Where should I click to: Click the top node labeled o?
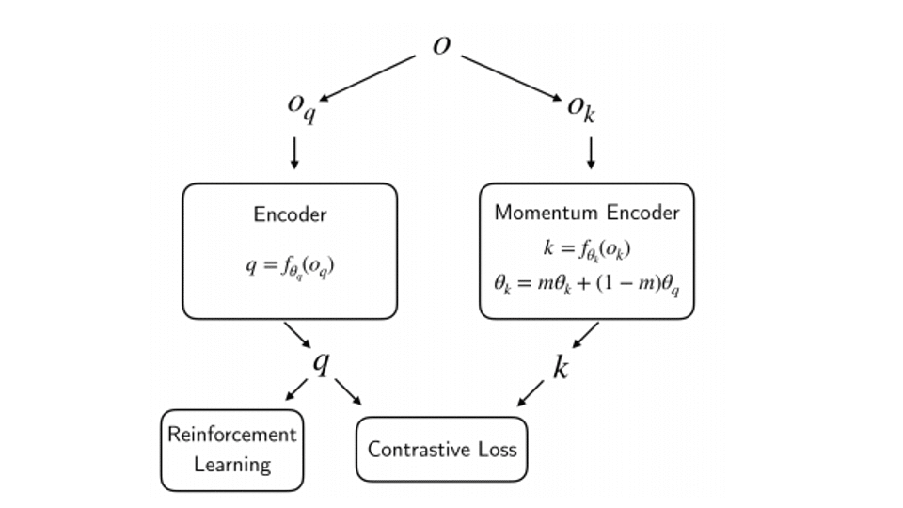(441, 45)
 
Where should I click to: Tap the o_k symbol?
(581, 105)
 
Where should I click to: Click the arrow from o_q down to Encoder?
(294, 153)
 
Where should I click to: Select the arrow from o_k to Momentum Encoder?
(592, 153)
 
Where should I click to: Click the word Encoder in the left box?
(290, 214)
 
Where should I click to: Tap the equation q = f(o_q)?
(290, 265)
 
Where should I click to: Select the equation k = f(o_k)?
(586, 250)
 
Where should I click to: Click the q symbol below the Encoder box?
(322, 362)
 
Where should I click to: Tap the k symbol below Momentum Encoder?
(561, 368)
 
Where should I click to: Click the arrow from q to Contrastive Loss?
(349, 392)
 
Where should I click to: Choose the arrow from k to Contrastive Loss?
(531, 393)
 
